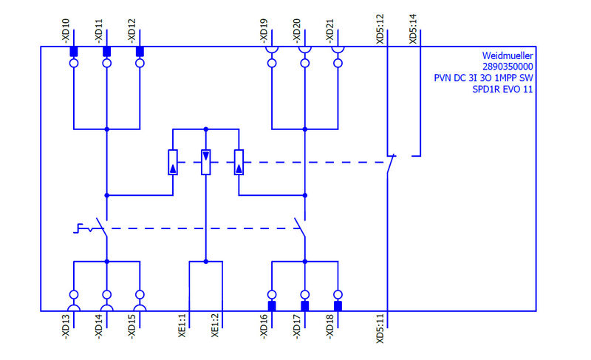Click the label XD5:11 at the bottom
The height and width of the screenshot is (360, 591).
click(x=380, y=330)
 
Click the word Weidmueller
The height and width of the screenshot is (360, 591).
click(x=508, y=55)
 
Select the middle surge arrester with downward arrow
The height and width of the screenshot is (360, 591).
click(x=206, y=162)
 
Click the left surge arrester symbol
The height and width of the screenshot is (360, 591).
click(x=173, y=162)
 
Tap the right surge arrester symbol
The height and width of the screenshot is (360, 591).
click(x=239, y=162)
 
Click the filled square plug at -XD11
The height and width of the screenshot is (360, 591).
click(x=106, y=52)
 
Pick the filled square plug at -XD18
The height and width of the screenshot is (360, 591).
click(x=338, y=305)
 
